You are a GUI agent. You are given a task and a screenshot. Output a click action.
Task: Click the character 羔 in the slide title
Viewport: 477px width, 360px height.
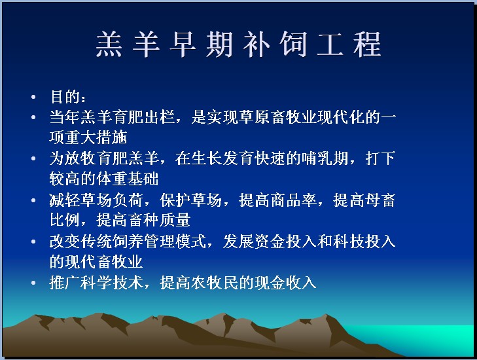(x=109, y=45)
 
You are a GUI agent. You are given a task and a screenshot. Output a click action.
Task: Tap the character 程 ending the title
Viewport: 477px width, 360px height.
(x=367, y=45)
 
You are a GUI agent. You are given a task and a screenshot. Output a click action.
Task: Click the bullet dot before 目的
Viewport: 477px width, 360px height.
(x=33, y=97)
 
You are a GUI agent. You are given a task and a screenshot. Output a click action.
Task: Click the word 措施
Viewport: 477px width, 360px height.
(x=112, y=137)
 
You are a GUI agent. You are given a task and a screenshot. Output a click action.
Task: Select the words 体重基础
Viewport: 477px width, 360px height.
(x=128, y=179)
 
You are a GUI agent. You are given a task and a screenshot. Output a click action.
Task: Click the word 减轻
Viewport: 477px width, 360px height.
(x=65, y=200)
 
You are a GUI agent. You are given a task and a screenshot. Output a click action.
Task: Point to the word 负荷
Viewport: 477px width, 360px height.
(x=128, y=200)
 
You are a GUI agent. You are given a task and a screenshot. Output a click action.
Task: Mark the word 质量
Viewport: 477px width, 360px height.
(x=175, y=220)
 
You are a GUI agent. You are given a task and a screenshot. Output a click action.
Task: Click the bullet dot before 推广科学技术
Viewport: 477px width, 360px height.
(x=33, y=283)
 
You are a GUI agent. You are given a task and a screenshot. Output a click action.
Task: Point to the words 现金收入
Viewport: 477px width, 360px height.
(x=286, y=283)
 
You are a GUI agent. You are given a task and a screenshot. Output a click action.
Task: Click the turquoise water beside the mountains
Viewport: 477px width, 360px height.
(x=426, y=338)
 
